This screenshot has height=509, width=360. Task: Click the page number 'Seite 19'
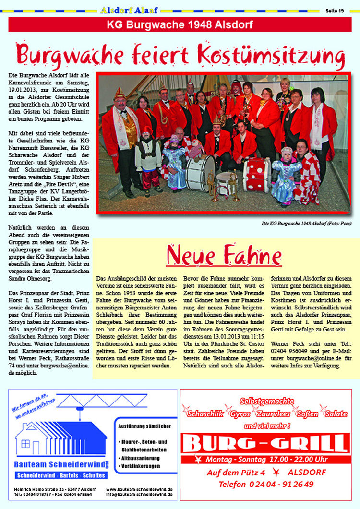coord(335,11)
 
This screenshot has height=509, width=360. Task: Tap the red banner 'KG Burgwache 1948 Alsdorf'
coord(180,24)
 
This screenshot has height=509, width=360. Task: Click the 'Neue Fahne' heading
coord(224,255)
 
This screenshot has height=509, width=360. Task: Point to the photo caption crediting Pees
coord(306,224)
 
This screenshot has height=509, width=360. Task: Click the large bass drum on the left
coord(200,173)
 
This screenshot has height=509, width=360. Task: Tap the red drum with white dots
coord(257,175)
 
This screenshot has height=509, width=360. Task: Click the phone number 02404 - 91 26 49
coord(266,484)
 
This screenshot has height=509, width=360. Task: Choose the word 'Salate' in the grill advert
coord(336,414)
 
